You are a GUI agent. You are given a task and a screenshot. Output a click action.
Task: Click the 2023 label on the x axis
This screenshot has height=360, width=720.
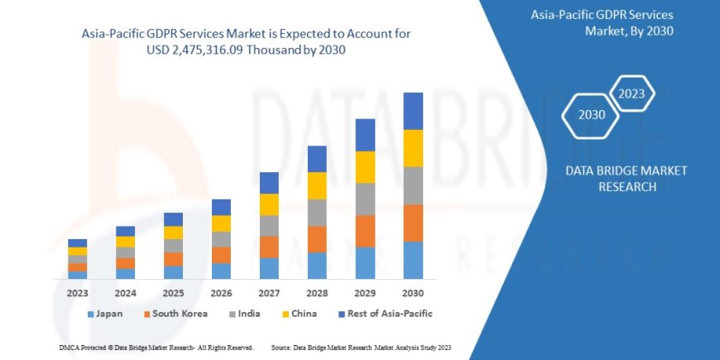click(77, 293)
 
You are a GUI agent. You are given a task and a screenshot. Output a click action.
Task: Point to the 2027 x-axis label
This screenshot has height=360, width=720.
click(269, 293)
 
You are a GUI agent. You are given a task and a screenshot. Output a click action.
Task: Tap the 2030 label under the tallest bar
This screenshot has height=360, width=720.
click(413, 293)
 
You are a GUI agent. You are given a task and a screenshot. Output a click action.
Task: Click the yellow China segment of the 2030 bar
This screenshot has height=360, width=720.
click(413, 148)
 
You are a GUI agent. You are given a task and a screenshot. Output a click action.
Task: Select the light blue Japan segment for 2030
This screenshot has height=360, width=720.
click(413, 260)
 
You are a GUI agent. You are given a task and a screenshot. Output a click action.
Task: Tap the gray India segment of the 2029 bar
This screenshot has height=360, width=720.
click(365, 199)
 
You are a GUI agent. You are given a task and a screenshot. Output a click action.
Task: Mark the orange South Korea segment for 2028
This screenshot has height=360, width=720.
click(317, 239)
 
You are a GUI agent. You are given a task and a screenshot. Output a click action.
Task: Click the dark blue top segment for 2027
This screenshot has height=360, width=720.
click(269, 183)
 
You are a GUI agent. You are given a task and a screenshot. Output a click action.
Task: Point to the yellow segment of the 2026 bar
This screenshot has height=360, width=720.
click(221, 223)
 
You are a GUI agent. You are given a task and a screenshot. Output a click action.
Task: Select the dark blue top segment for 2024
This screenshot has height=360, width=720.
click(125, 231)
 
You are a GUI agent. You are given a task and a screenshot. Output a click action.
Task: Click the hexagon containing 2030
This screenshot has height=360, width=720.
click(592, 114)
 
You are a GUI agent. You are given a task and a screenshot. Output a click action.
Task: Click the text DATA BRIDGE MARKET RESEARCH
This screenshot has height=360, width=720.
click(626, 179)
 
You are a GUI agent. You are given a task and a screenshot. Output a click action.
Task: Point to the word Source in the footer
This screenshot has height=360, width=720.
click(282, 348)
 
